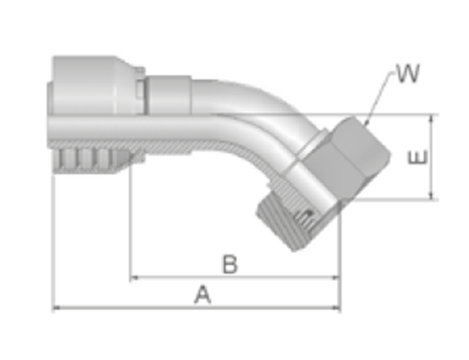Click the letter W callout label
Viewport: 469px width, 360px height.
(x=408, y=74)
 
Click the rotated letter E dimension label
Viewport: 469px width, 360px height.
(x=418, y=157)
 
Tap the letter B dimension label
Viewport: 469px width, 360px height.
(x=230, y=264)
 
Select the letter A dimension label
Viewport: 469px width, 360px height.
(x=203, y=294)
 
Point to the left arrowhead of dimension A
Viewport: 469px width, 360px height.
(x=56, y=307)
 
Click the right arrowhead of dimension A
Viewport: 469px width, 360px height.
(x=337, y=307)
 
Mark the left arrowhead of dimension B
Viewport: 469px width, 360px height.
(x=134, y=278)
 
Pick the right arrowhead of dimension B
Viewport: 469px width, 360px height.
(x=337, y=278)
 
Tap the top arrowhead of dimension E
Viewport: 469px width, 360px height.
(x=432, y=119)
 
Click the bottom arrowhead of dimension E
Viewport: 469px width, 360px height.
(x=432, y=195)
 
